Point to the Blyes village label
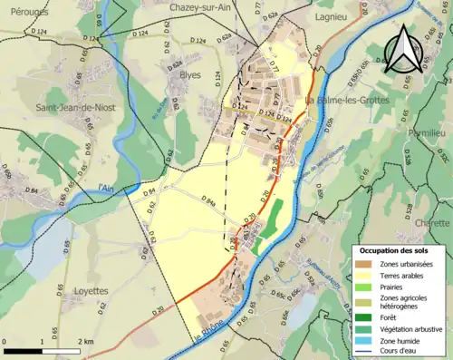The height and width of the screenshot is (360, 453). (190, 75)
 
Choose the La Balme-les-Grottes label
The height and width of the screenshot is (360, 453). (347, 100)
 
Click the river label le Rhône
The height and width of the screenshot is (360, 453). (209, 340)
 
